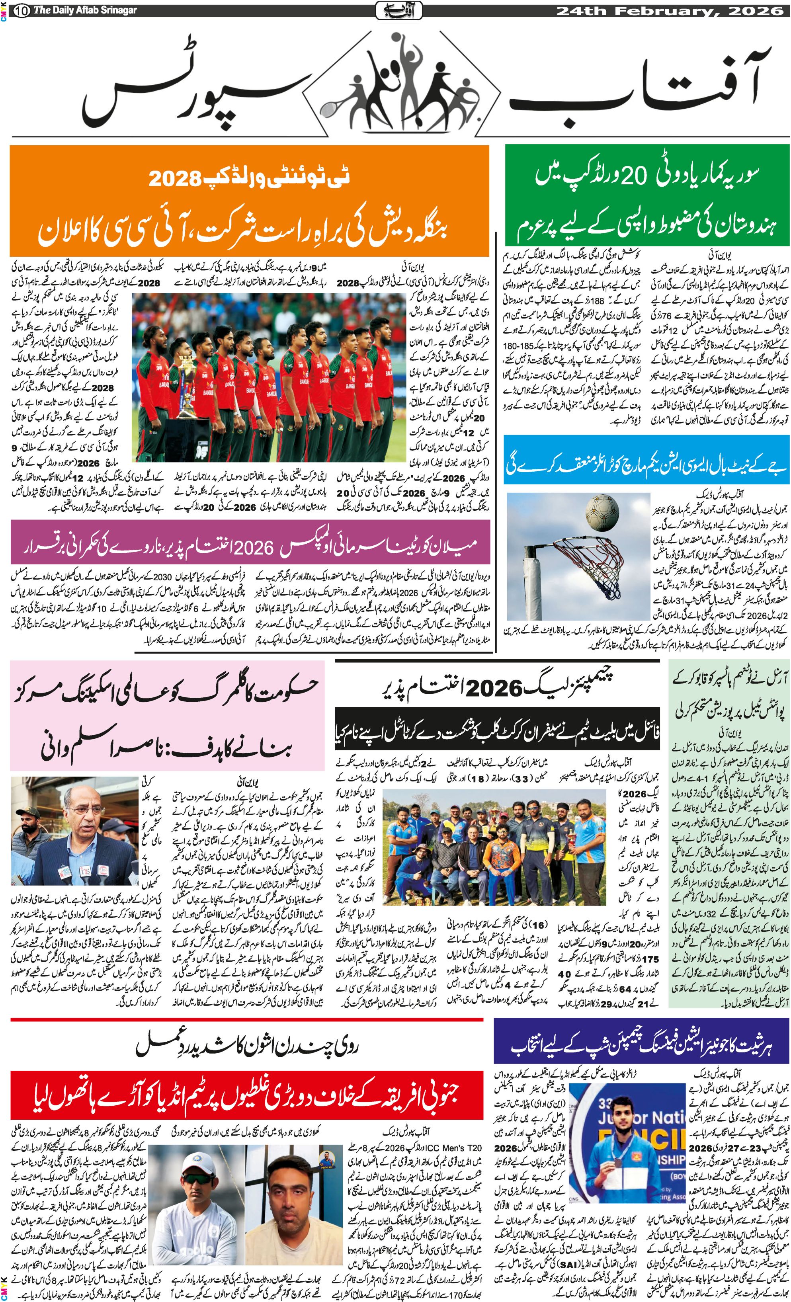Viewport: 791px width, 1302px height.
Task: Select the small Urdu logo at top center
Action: pos(398,10)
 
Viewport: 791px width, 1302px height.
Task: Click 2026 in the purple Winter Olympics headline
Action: pos(253,548)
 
